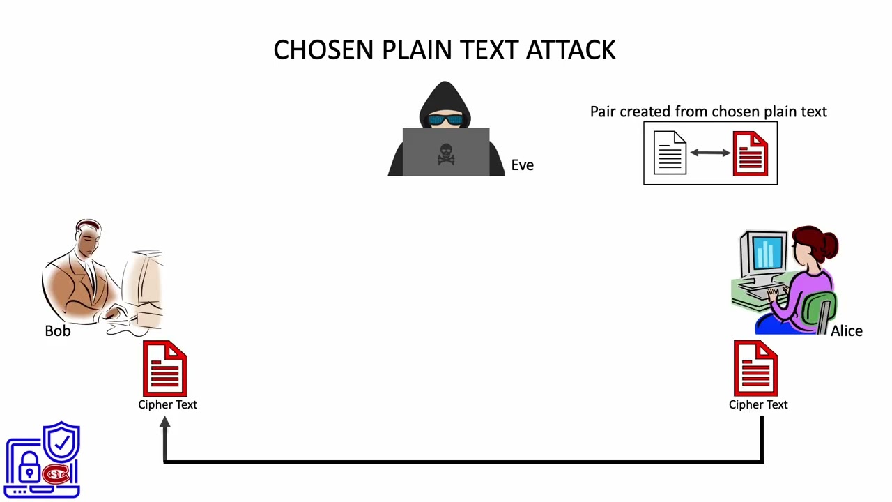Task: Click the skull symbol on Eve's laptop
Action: pos(446,154)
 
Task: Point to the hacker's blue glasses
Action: pos(446,120)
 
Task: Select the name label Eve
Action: pos(522,165)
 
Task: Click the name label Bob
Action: pos(57,331)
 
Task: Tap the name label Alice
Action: pos(846,331)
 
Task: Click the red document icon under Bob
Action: pos(165,368)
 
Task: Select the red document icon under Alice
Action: pos(756,368)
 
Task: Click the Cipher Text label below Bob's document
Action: pos(167,404)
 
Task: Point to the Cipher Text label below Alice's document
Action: pos(758,404)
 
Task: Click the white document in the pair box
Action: pos(670,153)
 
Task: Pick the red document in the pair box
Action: pos(750,153)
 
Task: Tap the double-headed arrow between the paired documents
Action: pos(709,153)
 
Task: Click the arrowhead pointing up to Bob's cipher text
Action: pos(164,423)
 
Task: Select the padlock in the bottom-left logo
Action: pos(29,469)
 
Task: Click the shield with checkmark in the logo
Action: pos(62,441)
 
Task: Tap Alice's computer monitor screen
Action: pos(767,252)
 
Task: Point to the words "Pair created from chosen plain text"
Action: pos(708,112)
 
